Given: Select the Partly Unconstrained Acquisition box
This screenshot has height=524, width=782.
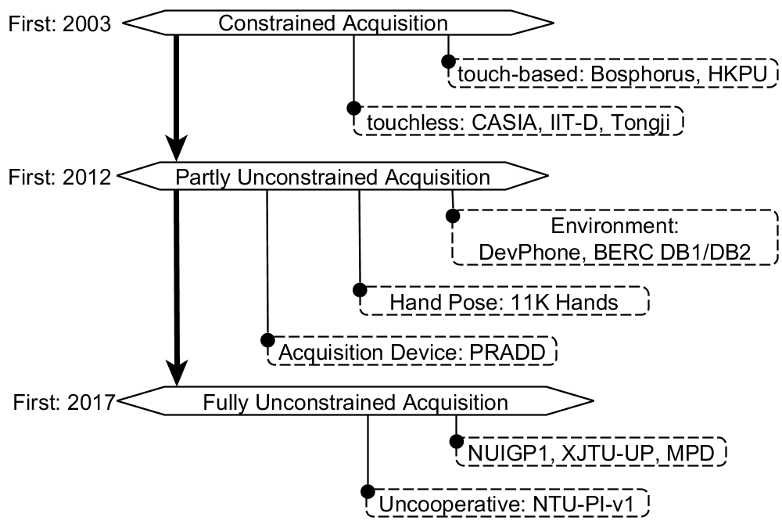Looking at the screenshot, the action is point(332,176).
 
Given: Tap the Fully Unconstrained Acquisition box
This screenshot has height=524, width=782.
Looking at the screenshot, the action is point(354,400).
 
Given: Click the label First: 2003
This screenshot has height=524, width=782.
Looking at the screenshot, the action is point(59,23).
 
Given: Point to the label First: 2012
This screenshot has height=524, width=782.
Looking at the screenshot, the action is point(59,177).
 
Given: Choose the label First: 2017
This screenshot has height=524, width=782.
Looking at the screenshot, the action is point(64,402).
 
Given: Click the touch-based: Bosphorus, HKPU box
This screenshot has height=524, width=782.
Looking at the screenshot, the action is point(613,74).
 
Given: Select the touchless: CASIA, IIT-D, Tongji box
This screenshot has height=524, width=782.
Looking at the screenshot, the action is point(518,121).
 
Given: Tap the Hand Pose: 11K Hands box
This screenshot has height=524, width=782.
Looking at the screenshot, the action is point(504,301).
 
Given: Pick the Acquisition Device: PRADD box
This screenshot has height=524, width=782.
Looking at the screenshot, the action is point(412,351).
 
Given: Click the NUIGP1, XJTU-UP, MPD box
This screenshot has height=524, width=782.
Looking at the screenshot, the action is point(591,452).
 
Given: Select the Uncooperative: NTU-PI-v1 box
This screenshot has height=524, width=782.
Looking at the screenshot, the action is point(508,504).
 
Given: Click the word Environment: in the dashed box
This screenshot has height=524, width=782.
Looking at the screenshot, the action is point(615,226).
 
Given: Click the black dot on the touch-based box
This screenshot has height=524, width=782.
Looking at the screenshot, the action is point(448,61).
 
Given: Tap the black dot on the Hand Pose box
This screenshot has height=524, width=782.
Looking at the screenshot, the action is point(360,289).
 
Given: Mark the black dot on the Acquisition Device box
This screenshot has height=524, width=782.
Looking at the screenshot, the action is point(267,340).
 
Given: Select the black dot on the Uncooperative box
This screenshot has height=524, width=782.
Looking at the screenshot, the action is point(368,492).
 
